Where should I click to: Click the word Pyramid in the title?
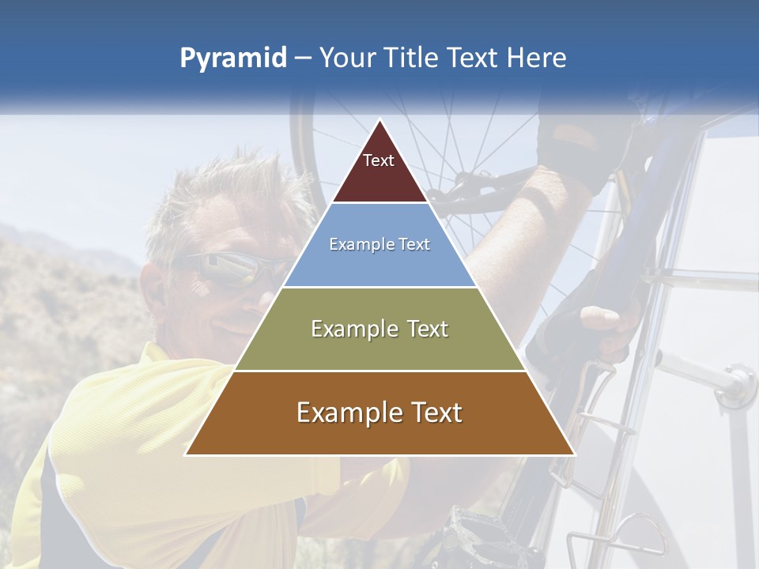pos(233,58)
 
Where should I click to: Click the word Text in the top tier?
pos(379,160)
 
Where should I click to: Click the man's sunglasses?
pos(229,269)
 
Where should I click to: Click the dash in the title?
pos(302,58)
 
